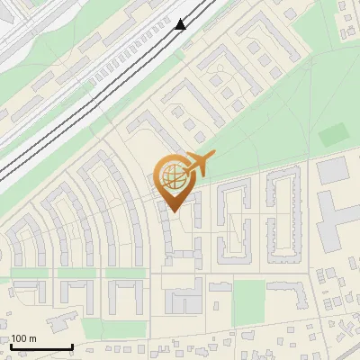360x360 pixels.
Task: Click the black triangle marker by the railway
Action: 181,24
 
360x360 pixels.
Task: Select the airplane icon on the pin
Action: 199,165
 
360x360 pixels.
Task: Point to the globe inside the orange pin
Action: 174,175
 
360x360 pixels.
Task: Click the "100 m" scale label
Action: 23,338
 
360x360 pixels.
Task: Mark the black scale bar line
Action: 41,346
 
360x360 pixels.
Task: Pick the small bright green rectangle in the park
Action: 332,135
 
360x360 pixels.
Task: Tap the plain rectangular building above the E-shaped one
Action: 331,169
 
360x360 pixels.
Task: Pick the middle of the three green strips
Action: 77,272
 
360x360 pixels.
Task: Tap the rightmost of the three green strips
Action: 125,272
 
